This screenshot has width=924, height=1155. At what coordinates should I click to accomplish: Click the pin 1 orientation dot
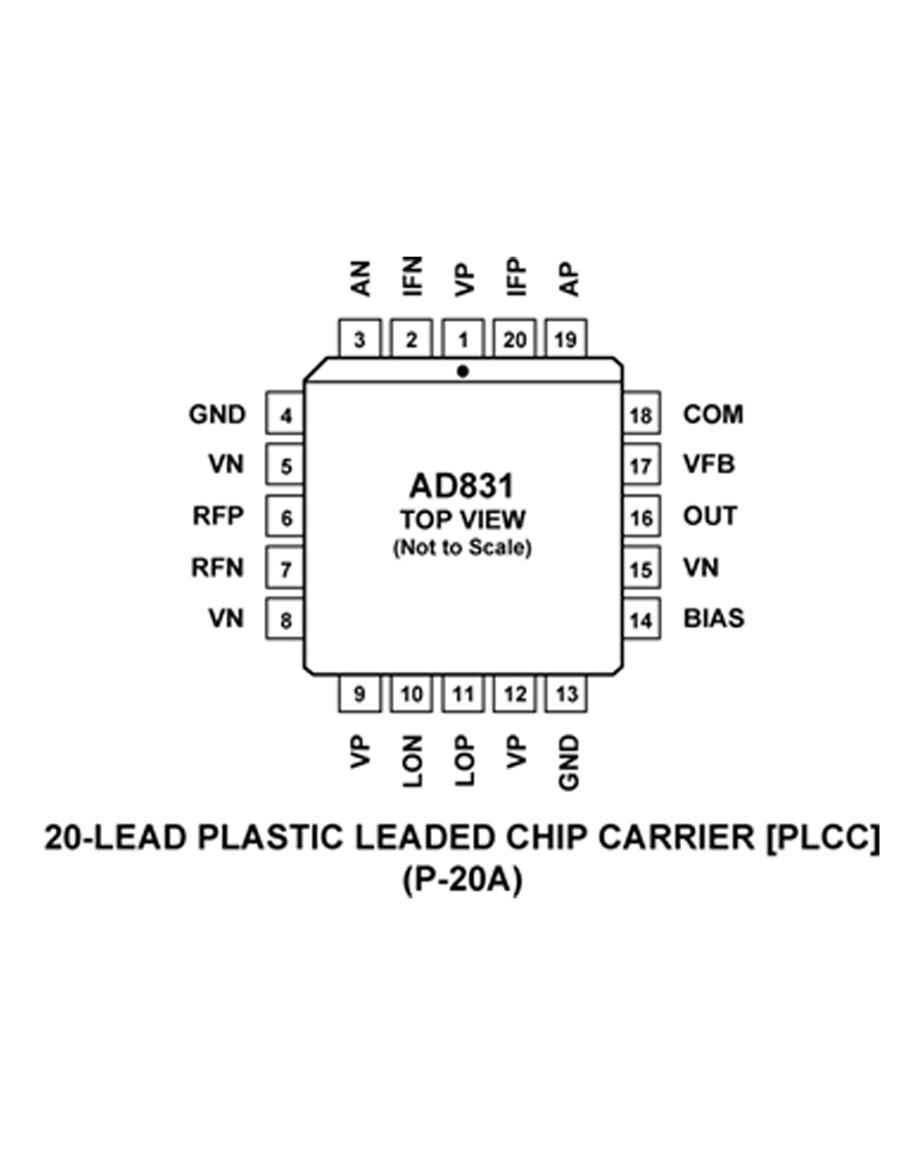(463, 371)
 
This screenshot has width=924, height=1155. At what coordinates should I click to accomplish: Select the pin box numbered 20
(514, 340)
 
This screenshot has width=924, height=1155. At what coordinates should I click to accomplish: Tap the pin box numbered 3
(359, 340)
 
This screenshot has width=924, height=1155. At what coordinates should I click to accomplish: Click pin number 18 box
(640, 416)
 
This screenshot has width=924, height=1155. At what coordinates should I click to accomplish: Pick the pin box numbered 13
(566, 694)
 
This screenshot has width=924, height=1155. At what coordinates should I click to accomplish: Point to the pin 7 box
(286, 569)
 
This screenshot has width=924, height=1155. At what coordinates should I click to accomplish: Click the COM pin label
(713, 414)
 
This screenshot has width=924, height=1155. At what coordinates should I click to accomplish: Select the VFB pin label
(708, 465)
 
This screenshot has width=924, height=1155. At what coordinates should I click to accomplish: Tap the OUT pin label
(709, 516)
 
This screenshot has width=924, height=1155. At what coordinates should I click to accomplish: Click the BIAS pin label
(714, 619)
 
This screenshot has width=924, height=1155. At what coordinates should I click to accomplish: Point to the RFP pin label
(218, 516)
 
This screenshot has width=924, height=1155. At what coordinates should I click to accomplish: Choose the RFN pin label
(217, 567)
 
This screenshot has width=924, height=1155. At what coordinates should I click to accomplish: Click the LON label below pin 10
(412, 761)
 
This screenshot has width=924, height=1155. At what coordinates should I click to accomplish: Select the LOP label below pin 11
(464, 761)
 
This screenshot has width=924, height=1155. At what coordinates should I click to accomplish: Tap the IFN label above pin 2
(412, 275)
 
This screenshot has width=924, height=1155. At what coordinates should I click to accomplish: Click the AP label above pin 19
(568, 279)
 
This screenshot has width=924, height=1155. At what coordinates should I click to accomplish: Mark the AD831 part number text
(462, 486)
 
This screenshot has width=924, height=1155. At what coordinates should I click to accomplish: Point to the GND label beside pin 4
(217, 414)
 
